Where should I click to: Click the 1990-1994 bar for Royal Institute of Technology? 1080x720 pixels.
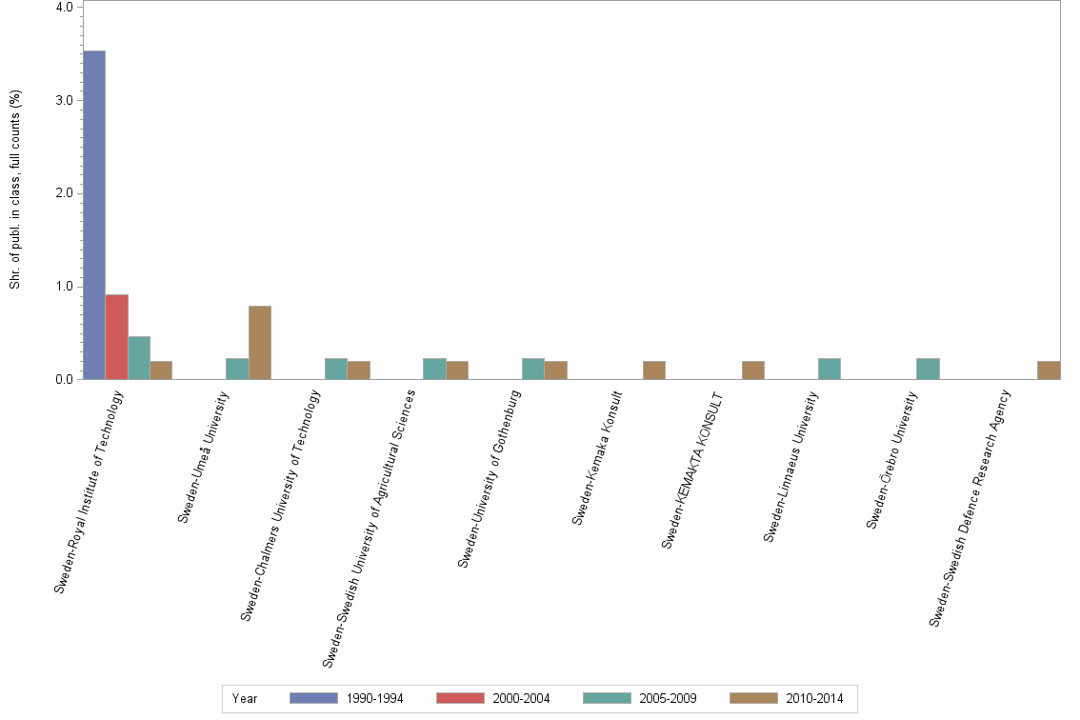coord(94,215)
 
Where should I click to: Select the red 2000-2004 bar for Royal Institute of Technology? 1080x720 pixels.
coord(116,337)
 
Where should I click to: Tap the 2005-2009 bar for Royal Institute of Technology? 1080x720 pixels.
coord(139,358)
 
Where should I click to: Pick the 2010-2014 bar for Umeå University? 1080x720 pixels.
coord(260,343)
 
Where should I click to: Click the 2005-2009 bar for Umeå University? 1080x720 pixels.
coord(237,370)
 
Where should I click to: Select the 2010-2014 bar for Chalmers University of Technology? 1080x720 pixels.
coord(359,370)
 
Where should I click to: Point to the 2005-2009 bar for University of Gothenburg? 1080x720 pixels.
coord(533,370)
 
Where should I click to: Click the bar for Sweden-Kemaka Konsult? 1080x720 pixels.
coord(654,370)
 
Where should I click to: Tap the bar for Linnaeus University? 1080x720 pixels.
coord(830,370)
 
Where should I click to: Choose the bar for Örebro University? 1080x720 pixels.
coord(928,370)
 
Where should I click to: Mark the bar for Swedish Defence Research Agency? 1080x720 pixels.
coord(1049,370)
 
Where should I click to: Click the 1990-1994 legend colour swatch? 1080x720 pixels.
coord(313,698)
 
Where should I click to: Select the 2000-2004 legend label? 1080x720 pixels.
coord(521,698)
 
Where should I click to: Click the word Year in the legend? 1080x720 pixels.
coord(245,698)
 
